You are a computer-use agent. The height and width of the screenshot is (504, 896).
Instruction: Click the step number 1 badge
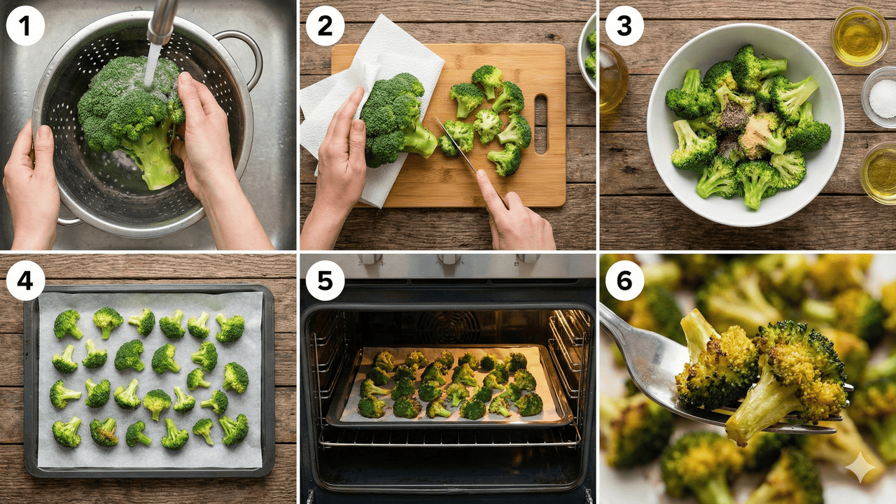[24, 26]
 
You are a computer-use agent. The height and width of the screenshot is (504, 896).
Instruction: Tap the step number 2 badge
[325, 26]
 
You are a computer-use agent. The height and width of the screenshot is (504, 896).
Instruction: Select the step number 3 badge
[624, 26]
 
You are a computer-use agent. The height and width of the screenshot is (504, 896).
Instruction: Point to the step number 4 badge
[24, 281]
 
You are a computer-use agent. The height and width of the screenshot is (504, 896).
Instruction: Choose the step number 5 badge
[325, 281]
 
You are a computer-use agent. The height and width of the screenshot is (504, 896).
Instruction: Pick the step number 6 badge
[624, 281]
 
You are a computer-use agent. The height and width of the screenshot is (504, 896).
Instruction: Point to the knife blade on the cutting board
[456, 144]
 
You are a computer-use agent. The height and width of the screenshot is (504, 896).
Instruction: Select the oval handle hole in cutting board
[540, 124]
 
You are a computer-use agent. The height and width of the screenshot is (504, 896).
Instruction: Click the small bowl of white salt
[880, 97]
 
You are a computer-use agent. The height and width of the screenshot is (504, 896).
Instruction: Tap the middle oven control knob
[449, 259]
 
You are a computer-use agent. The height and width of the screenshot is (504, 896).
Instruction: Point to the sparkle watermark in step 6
[860, 467]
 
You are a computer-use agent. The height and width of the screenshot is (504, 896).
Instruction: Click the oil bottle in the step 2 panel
[612, 78]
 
